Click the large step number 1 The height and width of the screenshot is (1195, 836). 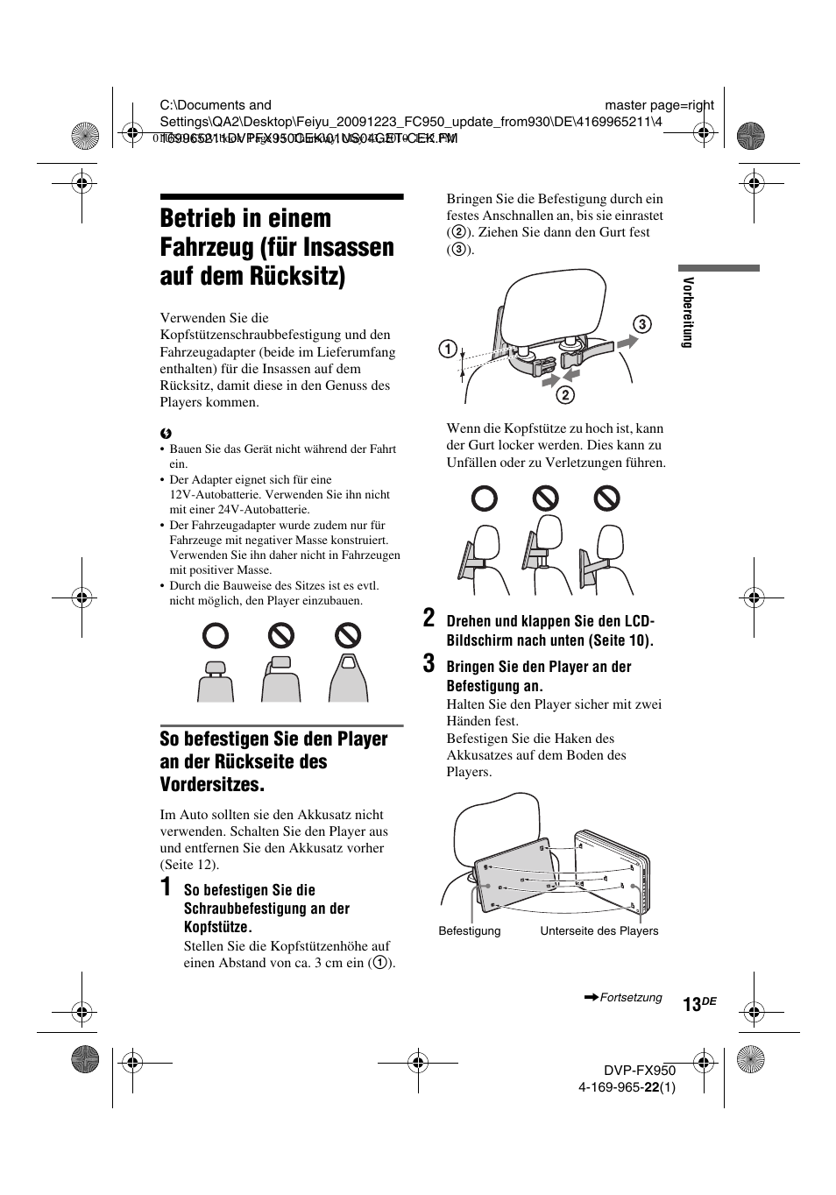(x=166, y=888)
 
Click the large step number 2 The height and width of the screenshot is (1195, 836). (x=429, y=618)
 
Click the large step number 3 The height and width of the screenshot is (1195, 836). (x=429, y=663)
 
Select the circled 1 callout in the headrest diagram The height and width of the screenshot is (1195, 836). (x=448, y=350)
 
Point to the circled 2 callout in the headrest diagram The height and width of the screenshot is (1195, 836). (x=565, y=395)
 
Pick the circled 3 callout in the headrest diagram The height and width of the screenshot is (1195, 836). (x=641, y=325)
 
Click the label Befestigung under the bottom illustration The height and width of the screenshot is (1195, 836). (x=470, y=931)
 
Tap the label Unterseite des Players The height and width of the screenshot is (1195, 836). (x=599, y=931)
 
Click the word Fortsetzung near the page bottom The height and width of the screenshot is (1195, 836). (x=631, y=998)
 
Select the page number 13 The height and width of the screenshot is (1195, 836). (x=692, y=1005)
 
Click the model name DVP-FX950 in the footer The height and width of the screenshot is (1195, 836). (x=639, y=1071)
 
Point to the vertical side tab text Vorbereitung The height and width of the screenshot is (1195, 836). (x=689, y=312)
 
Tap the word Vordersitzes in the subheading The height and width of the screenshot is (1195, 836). (x=212, y=784)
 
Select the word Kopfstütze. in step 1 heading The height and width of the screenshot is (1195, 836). (x=217, y=927)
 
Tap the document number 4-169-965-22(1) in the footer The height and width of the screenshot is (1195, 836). (x=627, y=1087)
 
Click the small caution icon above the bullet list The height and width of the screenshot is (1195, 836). (x=164, y=434)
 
